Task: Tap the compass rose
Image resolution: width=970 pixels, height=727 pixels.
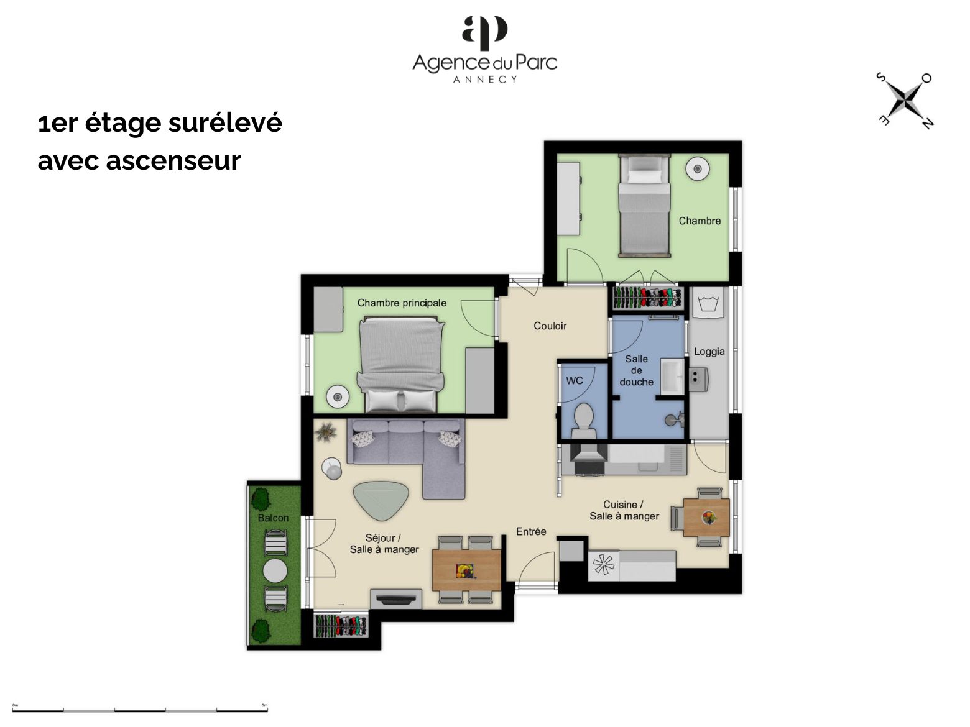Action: coord(905,101)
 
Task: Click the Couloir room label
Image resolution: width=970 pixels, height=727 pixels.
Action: coord(550,326)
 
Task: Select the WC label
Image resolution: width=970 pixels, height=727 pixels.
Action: coord(575,380)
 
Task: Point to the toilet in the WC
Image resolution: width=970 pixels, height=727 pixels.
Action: coord(583,421)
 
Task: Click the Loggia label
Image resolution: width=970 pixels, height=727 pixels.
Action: coord(709,352)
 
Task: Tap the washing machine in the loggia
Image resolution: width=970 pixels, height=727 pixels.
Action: coord(708,303)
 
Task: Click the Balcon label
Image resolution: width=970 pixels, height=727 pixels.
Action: coord(273,518)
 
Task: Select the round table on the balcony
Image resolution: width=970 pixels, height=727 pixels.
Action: coord(275,571)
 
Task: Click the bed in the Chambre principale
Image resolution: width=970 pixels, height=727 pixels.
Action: coord(401,364)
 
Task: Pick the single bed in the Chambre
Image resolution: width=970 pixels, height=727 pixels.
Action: coord(644,205)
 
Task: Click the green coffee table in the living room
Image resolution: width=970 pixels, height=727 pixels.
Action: coord(381,500)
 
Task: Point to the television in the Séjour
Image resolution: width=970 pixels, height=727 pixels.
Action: coord(396,599)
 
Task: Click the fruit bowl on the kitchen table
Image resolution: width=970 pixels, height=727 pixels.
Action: coord(709,518)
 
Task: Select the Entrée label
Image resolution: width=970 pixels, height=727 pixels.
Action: coord(531,531)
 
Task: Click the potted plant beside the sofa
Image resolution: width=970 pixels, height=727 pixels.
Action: coord(326,431)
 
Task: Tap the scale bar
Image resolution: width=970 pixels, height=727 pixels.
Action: coord(140,710)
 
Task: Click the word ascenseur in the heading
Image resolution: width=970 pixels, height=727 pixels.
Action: coord(173,161)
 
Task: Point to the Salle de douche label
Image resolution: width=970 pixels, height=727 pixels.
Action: coord(636,370)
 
